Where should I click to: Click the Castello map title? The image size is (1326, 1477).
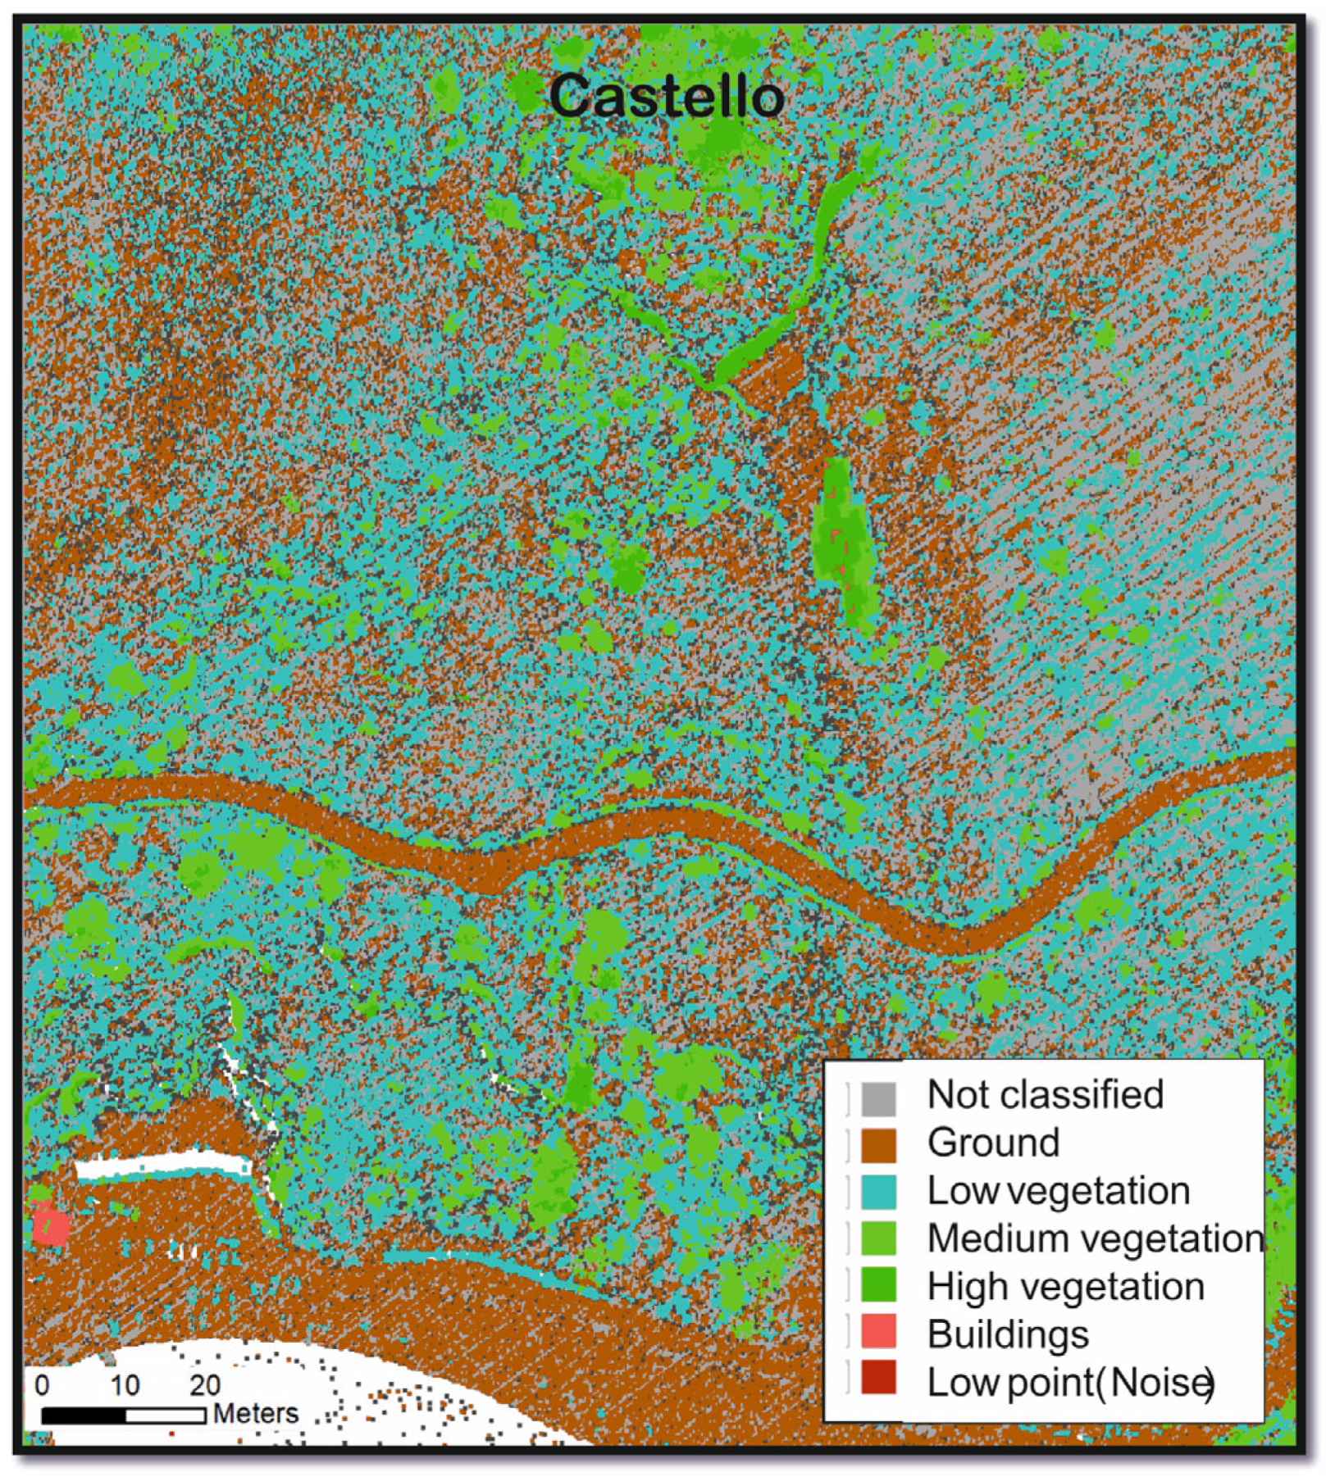point(666,97)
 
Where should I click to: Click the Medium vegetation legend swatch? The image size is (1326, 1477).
point(878,1238)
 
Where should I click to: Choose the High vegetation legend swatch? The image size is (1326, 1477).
point(878,1285)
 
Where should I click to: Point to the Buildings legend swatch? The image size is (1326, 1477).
point(878,1332)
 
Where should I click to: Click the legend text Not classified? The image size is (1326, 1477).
point(1045,1095)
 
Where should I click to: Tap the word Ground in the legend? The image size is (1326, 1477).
point(993,1143)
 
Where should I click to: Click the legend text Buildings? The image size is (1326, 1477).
point(1008,1334)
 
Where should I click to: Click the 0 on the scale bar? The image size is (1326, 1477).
point(42,1385)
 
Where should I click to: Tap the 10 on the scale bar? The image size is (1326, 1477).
point(125,1385)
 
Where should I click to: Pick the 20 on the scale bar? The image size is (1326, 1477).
point(205,1385)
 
